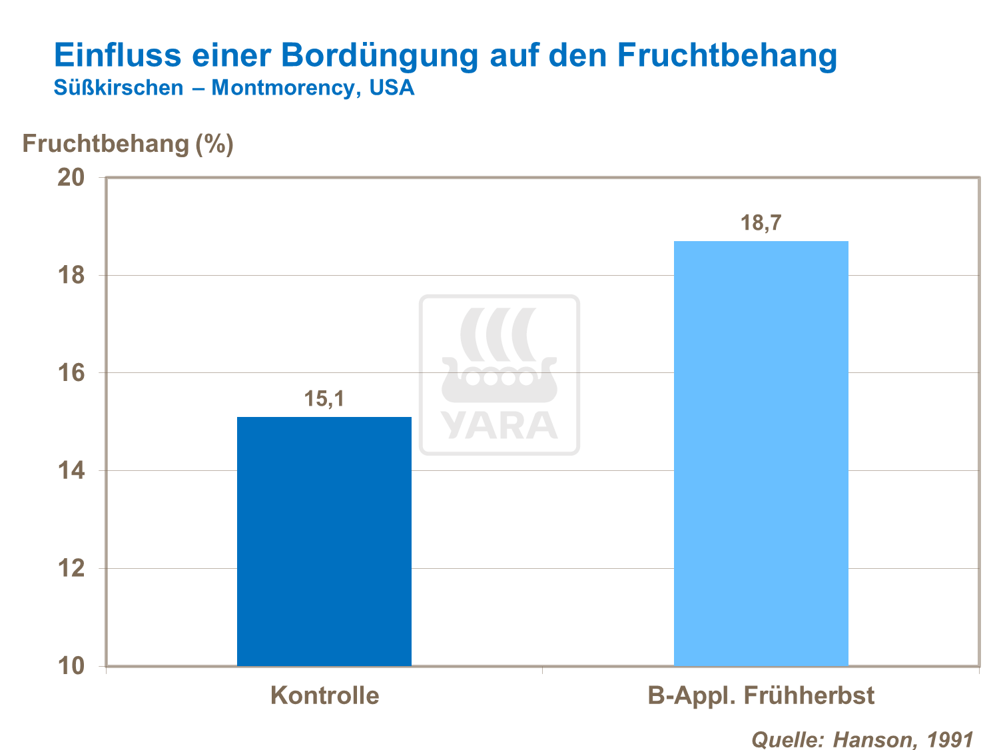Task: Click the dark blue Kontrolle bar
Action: point(324,541)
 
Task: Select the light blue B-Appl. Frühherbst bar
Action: point(761,453)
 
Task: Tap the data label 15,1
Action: point(324,399)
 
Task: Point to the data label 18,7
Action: point(761,223)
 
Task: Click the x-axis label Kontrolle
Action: point(324,695)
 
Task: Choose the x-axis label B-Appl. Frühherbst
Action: point(761,695)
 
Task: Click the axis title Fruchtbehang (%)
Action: point(128,144)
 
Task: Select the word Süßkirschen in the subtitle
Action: point(119,88)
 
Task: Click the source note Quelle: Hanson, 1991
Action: point(862,739)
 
